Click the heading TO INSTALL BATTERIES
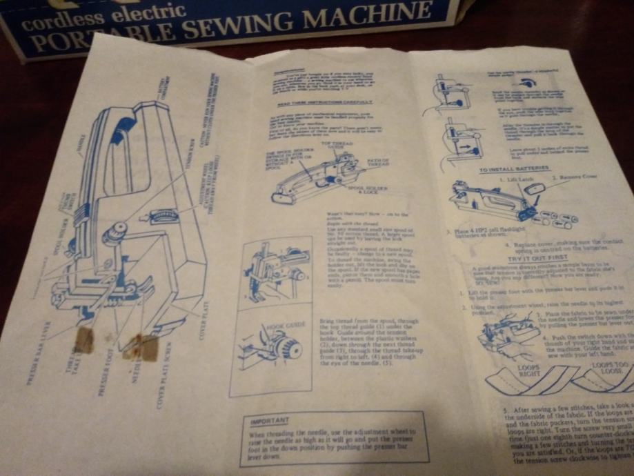coord(515,168)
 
